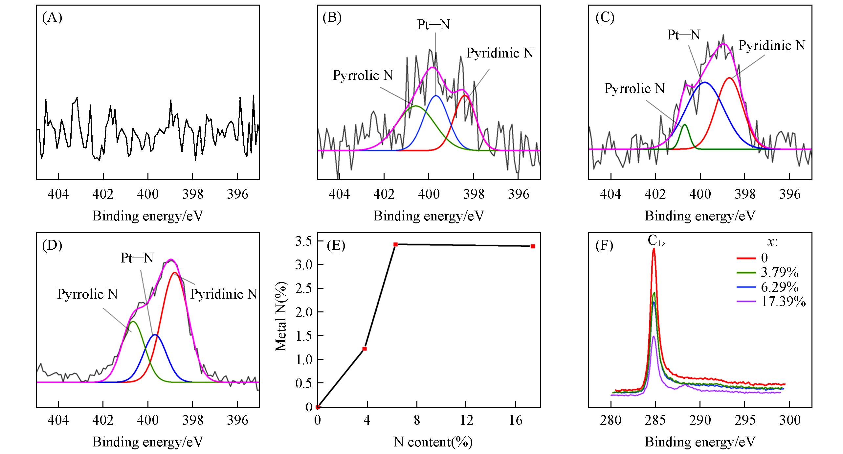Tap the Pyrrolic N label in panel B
pyautogui.click(x=363, y=76)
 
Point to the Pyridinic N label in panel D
pyautogui.click(x=224, y=294)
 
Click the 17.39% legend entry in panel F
pyautogui.click(x=783, y=302)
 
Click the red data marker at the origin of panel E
pyautogui.click(x=318, y=407)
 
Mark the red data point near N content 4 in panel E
pyautogui.click(x=364, y=349)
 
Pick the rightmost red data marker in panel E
pyautogui.click(x=533, y=246)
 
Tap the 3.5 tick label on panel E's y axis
pyautogui.click(x=304, y=241)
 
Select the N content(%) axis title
pyautogui.click(x=433, y=442)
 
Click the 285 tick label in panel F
pyautogui.click(x=655, y=420)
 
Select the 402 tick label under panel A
pyautogui.click(x=103, y=194)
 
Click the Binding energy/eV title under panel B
pyautogui.click(x=429, y=216)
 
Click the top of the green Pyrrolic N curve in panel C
pyautogui.click(x=685, y=125)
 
